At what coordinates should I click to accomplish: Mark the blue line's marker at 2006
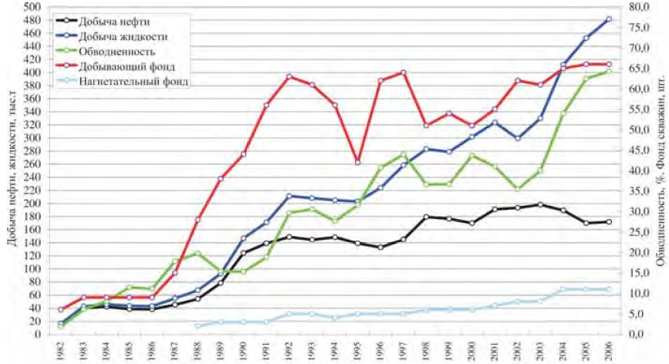[x=609, y=19]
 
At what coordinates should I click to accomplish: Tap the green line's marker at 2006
[x=609, y=71]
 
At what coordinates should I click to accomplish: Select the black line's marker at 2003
[x=540, y=204]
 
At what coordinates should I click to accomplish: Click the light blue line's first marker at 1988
[x=198, y=326]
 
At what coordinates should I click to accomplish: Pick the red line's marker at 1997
[x=403, y=72]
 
